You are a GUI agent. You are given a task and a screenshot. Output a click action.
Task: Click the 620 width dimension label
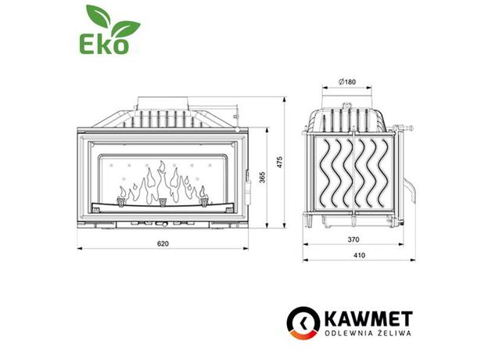[x=163, y=243]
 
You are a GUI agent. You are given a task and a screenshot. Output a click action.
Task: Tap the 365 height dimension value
[x=262, y=178]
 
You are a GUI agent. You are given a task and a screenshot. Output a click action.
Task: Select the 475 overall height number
[x=280, y=162]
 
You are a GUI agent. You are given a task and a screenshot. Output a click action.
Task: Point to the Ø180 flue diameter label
[x=346, y=82]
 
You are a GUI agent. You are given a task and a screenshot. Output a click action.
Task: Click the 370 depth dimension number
[x=353, y=239]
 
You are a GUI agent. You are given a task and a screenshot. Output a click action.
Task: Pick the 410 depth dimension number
[x=359, y=255]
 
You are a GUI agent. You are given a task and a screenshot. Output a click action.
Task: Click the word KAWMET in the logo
[x=368, y=319]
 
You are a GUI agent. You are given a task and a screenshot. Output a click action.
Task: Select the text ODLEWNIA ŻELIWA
[x=368, y=333]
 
